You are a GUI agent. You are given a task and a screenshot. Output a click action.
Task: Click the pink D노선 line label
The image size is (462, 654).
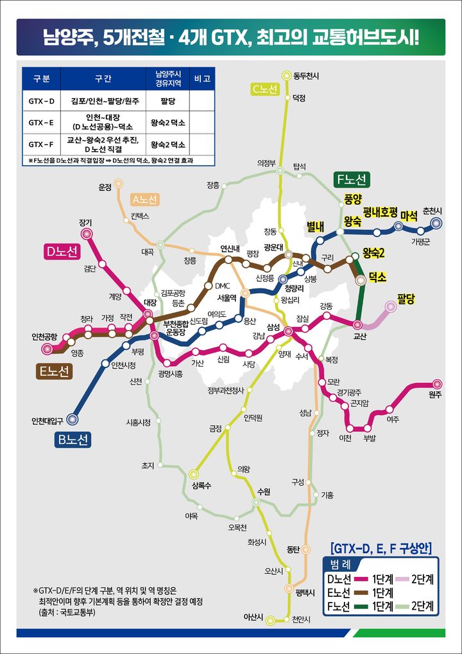62,252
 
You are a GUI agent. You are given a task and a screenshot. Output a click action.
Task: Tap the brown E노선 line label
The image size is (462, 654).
53,372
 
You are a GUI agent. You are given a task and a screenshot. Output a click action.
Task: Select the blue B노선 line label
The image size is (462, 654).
72,439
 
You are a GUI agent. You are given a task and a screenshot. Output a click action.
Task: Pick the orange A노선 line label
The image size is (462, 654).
145,199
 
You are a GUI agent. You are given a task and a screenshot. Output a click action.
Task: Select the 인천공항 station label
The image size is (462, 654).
44,337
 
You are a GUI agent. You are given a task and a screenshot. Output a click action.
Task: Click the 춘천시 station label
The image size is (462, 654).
432,211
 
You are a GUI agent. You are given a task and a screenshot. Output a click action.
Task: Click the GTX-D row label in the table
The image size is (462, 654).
42,101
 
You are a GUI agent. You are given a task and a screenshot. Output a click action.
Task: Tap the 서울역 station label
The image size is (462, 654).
227,297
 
